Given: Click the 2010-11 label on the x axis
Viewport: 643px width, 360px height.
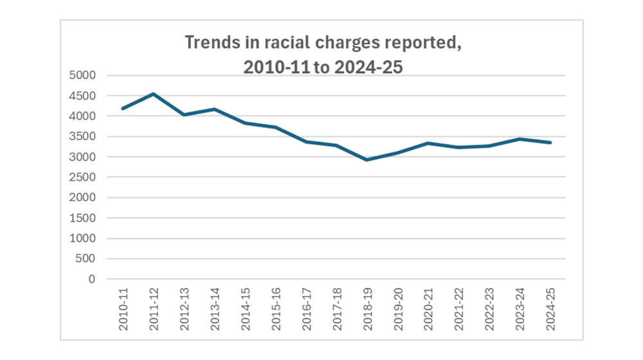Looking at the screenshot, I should (123, 310).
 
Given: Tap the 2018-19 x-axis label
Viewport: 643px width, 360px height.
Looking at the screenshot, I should (368, 310).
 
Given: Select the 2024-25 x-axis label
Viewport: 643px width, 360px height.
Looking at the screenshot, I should (551, 310).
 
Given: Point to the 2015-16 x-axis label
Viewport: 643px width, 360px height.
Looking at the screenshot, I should (276, 310).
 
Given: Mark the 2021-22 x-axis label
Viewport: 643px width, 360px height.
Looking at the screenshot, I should (460, 310).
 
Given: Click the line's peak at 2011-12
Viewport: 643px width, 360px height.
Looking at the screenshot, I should (153, 94).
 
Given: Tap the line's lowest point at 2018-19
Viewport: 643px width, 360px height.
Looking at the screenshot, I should (367, 159).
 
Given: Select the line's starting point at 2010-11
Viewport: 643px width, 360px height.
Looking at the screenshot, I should (123, 109).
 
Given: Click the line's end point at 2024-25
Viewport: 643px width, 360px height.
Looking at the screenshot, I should (550, 143).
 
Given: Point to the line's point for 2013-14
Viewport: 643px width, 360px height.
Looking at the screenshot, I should (214, 109).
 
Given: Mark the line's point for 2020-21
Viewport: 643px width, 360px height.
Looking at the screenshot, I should (428, 143).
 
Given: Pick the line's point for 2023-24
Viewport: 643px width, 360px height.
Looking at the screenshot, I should (520, 139).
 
